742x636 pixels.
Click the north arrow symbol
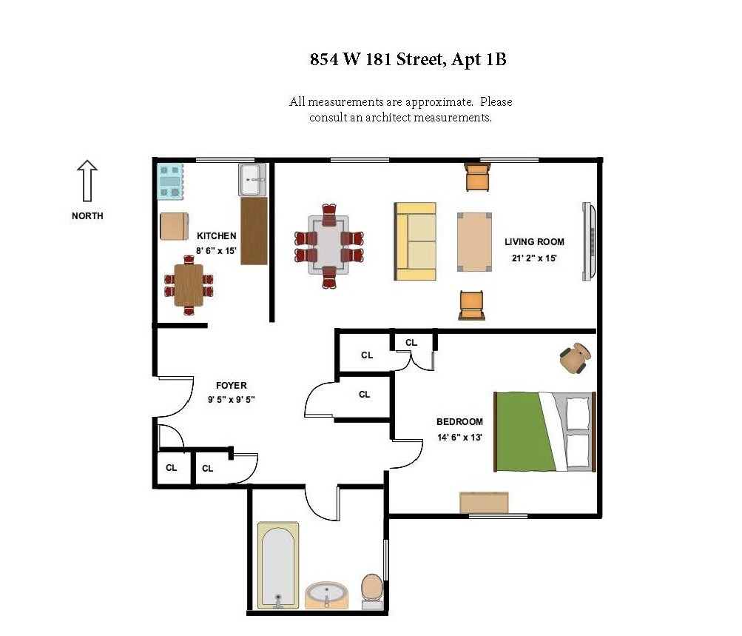[87, 181]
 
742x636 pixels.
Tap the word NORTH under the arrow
[87, 216]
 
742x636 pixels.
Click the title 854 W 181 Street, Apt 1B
[408, 60]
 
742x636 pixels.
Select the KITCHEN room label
[216, 236]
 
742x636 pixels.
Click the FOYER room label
[231, 386]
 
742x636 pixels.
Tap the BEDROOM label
[459, 422]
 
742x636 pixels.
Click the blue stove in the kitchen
[169, 181]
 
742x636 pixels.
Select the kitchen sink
[252, 179]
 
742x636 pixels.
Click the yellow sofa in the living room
[415, 241]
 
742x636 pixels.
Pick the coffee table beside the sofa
[474, 242]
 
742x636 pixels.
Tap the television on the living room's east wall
[588, 242]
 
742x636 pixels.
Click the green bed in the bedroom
[544, 432]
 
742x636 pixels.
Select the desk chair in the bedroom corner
[575, 358]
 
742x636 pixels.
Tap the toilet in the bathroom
[372, 590]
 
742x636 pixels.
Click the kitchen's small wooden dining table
[189, 284]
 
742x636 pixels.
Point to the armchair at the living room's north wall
[477, 178]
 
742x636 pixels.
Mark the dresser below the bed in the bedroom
[485, 502]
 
